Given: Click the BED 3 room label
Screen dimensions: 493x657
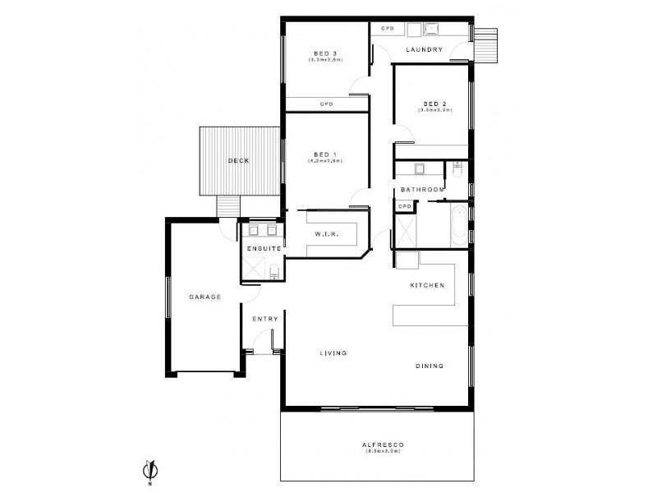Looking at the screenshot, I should [x=325, y=55].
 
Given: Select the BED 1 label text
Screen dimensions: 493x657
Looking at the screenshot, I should [x=325, y=154].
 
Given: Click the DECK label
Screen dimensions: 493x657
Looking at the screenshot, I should [x=238, y=160].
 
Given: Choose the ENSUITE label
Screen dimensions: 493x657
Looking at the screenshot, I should [x=264, y=247].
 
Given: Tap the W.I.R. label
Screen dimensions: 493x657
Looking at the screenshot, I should [x=326, y=235].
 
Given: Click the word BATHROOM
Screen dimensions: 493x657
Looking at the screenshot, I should [x=423, y=190].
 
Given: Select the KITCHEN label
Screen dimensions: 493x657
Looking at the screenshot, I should [x=427, y=285].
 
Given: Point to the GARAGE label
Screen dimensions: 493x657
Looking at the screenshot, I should [x=205, y=297].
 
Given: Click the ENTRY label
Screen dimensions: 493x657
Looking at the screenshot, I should [x=265, y=319].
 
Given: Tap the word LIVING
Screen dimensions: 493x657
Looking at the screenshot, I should [x=333, y=353].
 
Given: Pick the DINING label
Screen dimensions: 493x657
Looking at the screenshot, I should [x=430, y=366].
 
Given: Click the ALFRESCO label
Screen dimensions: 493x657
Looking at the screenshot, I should [x=381, y=445].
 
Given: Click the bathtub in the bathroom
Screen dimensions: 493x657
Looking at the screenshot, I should [x=454, y=223].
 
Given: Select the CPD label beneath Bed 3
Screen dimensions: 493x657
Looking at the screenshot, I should [x=326, y=104].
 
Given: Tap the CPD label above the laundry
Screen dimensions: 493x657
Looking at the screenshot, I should [x=388, y=29].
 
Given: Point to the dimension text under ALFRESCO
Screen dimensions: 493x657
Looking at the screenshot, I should [x=381, y=451].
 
